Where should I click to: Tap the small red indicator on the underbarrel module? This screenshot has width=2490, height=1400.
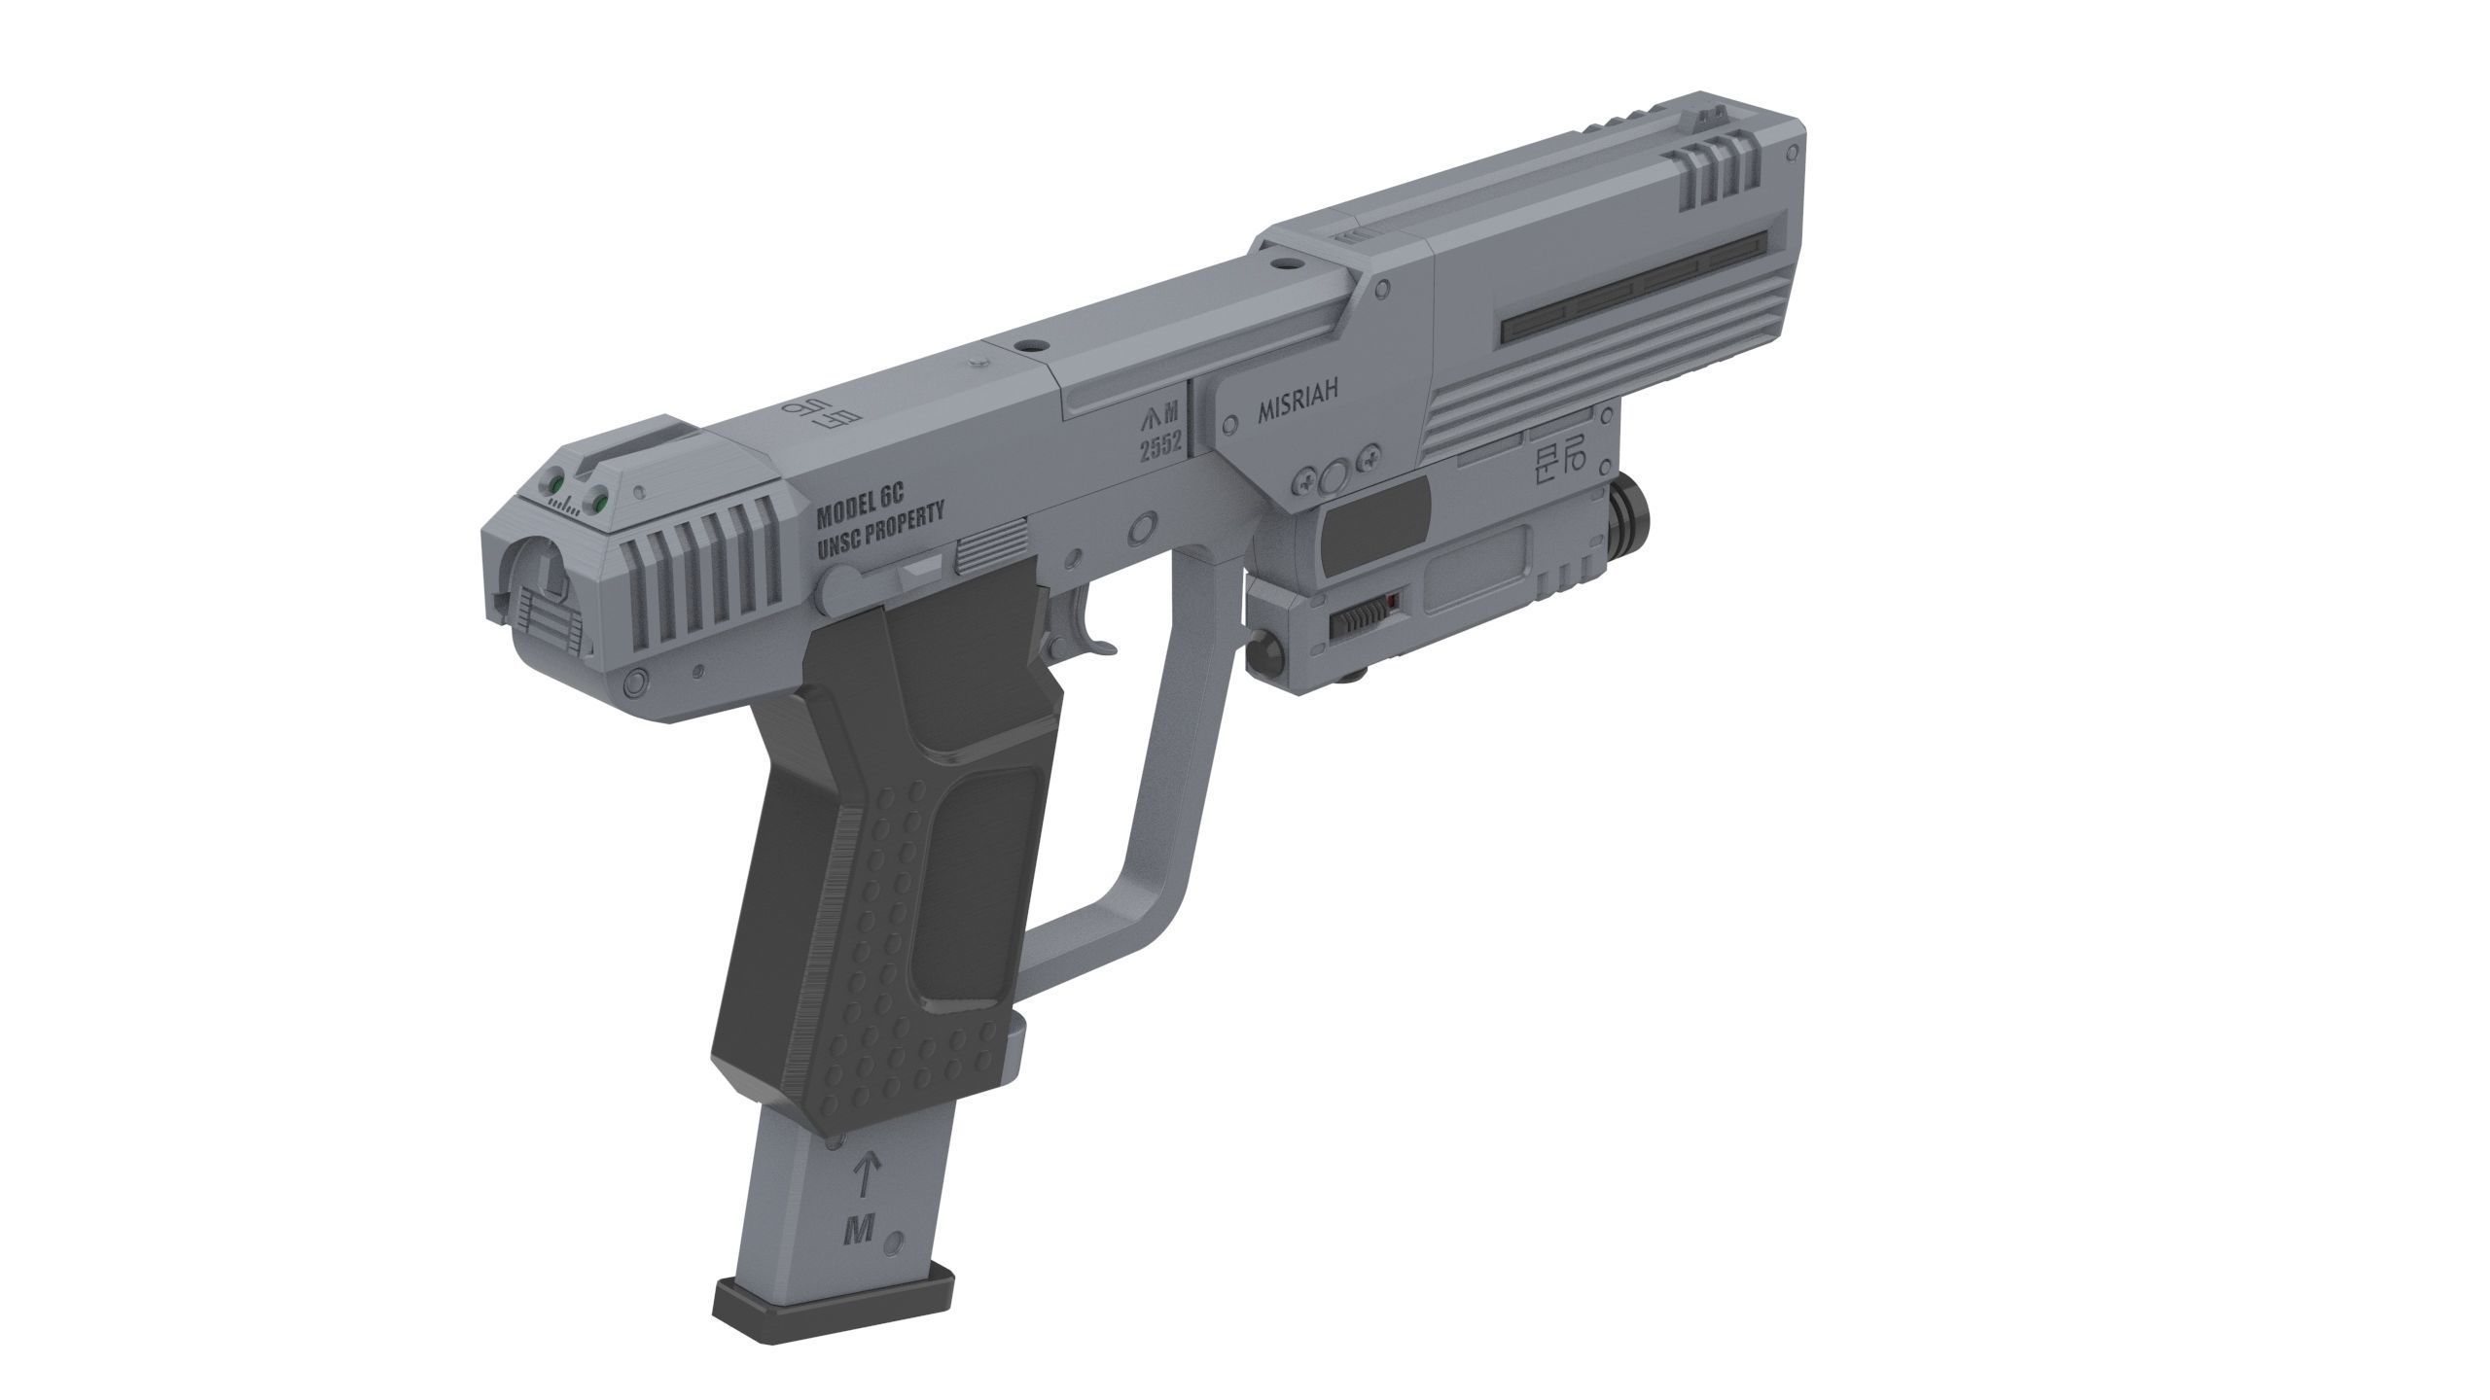pos(1393,604)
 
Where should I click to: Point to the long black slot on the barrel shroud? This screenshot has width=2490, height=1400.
pos(1634,288)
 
